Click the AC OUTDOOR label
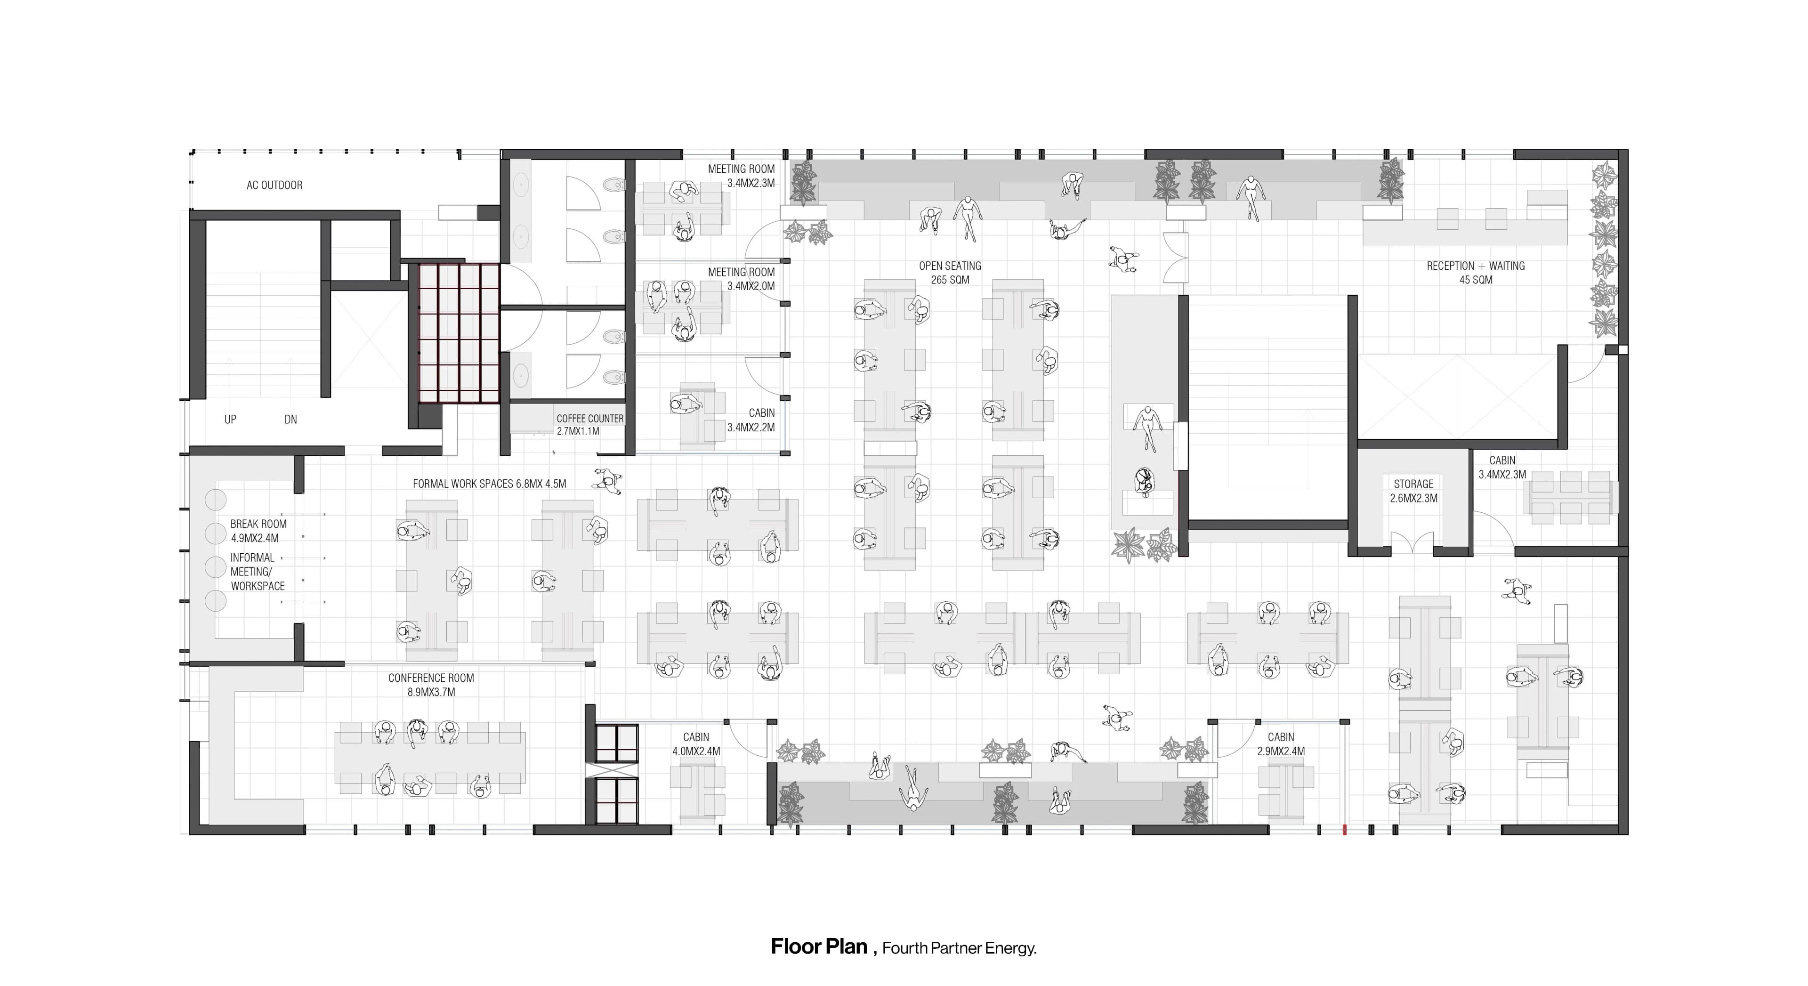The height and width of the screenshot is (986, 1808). (274, 185)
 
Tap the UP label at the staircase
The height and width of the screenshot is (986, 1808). (230, 420)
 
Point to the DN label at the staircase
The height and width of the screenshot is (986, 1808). (291, 420)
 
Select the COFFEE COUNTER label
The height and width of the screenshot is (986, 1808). (589, 418)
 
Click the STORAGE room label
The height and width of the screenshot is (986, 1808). (1413, 484)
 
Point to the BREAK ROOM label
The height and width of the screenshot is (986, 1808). (258, 524)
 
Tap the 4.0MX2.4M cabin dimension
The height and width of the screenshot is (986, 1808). (696, 751)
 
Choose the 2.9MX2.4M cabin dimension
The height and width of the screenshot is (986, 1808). (1281, 751)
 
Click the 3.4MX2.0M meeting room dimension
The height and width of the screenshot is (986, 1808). (751, 286)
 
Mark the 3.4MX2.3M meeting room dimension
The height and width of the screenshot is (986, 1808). (751, 183)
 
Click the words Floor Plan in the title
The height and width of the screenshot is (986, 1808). (819, 947)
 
